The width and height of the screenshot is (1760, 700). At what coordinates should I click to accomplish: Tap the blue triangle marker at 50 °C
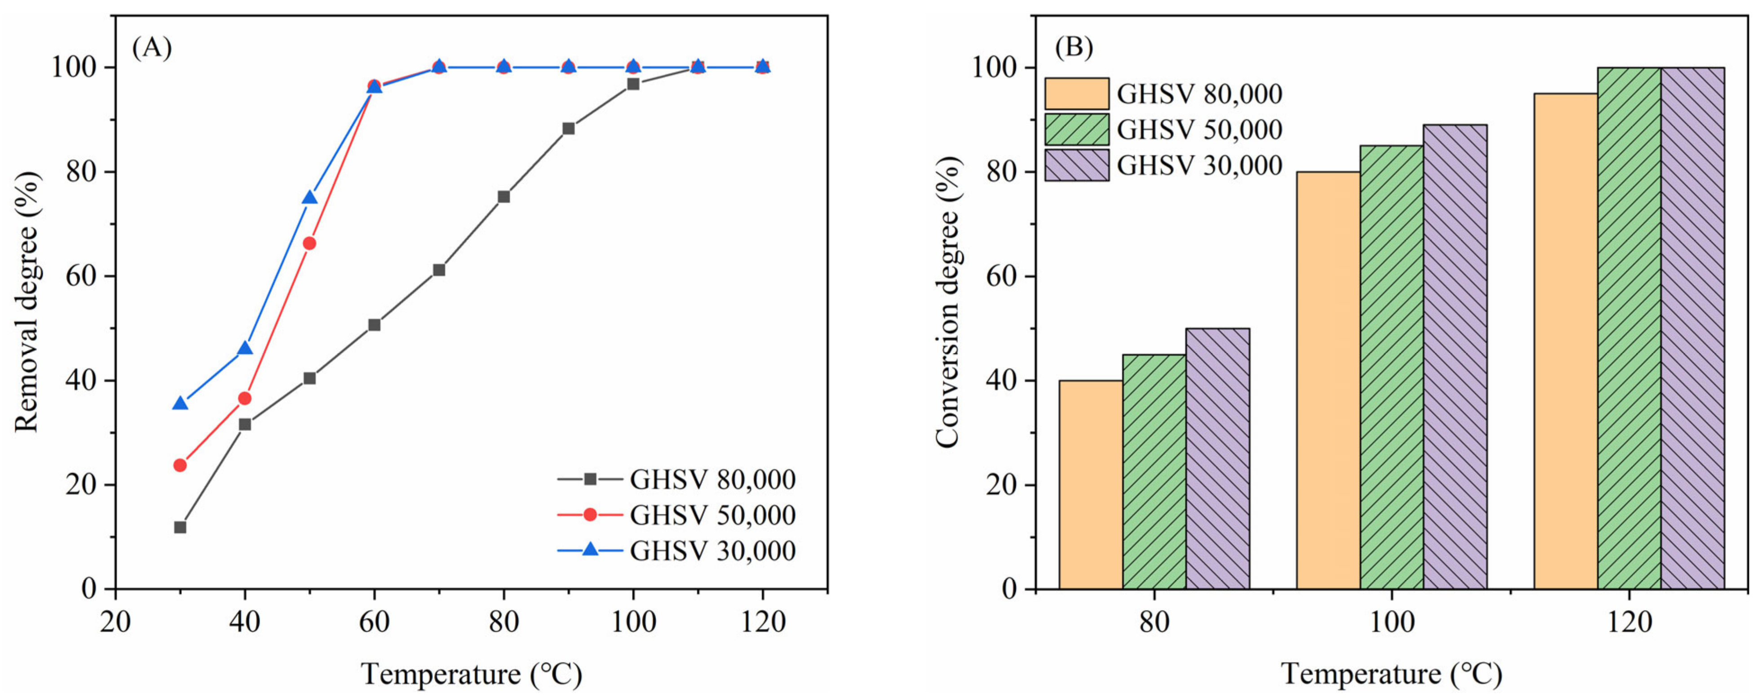click(x=310, y=198)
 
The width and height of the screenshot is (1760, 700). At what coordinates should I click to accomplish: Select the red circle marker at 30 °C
click(x=180, y=465)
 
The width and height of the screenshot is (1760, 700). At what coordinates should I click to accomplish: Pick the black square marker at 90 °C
click(x=569, y=128)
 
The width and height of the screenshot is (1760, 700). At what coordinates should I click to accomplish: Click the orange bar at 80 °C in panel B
click(x=1091, y=485)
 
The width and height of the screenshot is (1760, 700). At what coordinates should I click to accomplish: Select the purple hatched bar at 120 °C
click(x=1693, y=328)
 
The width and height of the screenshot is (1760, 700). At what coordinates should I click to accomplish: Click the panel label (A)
click(x=152, y=48)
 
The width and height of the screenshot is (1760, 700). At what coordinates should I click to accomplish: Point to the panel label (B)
click(x=1074, y=48)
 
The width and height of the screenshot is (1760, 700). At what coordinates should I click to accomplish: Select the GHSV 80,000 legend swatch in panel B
click(x=1077, y=94)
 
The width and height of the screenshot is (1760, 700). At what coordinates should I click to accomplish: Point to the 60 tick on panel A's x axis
click(x=374, y=621)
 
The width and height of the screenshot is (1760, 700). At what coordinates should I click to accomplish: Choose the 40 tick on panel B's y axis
click(x=1002, y=381)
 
